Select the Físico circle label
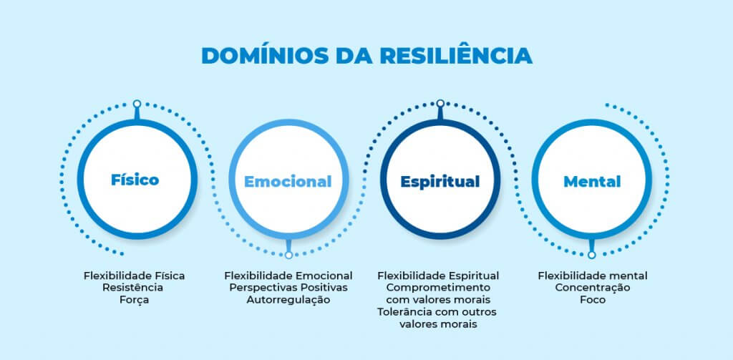[135, 179]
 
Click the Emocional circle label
[288, 181]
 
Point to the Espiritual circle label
[440, 181]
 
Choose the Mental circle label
[591, 181]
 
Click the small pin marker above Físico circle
[137, 104]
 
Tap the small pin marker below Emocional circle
[288, 254]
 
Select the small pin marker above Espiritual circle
[440, 104]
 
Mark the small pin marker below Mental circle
[592, 254]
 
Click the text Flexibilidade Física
[135, 276]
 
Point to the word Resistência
[135, 288]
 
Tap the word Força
[135, 300]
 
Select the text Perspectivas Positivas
[288, 288]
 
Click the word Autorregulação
[288, 300]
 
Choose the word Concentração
[593, 288]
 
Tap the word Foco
[593, 300]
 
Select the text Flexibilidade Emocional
[288, 276]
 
